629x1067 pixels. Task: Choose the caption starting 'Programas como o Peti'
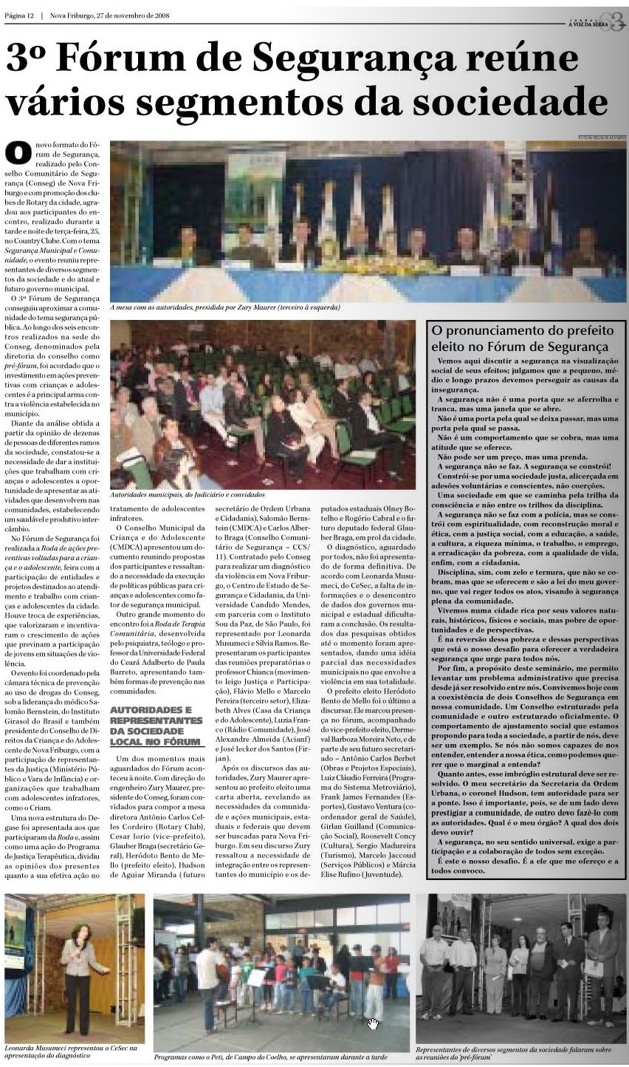[x=270, y=1057]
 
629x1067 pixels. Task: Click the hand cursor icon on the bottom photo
[x=373, y=1023]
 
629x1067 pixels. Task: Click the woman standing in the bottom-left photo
[x=75, y=968]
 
